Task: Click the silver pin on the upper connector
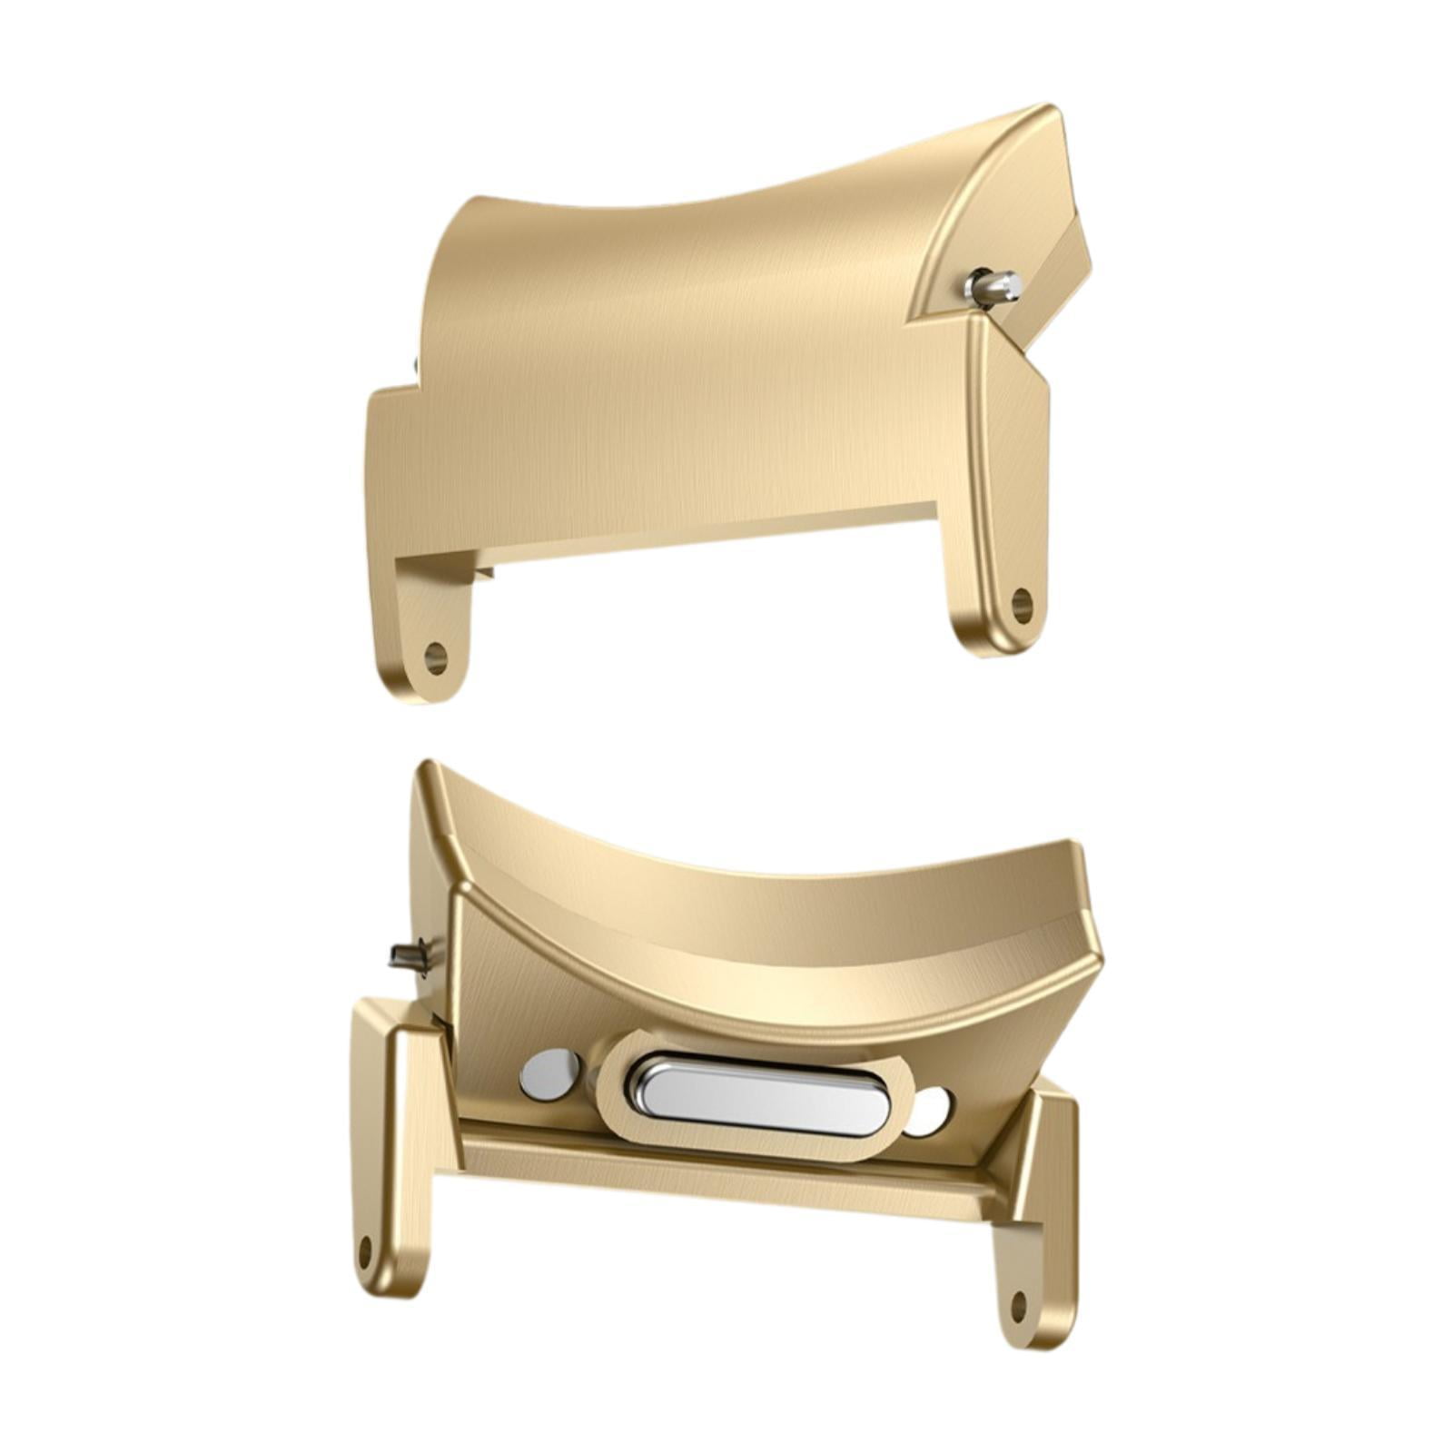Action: click(x=995, y=288)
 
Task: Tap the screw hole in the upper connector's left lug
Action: click(x=436, y=657)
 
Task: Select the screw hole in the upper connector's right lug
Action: click(x=1022, y=604)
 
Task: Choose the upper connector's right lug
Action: click(x=999, y=581)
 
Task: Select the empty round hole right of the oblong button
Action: click(x=930, y=1112)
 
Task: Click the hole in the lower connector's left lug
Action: click(x=366, y=1252)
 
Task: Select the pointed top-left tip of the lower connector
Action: click(x=425, y=767)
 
